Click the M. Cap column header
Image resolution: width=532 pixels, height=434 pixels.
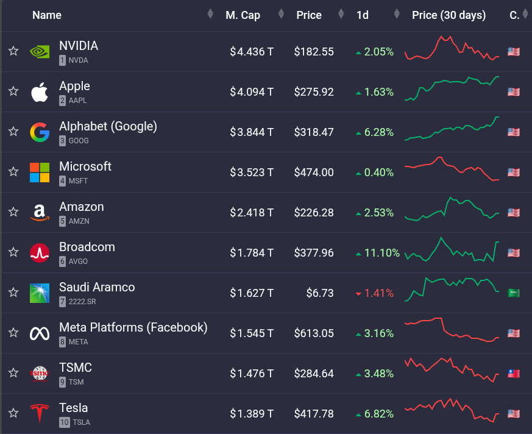(x=243, y=15)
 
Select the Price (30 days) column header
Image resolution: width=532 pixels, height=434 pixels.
(x=449, y=15)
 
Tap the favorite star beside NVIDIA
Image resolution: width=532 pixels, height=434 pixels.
(x=13, y=51)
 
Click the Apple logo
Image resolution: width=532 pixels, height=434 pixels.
(x=40, y=92)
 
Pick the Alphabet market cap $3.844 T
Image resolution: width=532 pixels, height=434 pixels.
(x=252, y=132)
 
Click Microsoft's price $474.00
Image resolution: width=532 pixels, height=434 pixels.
(x=314, y=173)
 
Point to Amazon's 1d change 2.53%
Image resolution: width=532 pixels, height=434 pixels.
(x=378, y=213)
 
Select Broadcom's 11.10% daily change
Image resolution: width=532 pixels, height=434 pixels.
(x=381, y=253)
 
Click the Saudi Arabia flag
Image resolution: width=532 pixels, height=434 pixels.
(x=513, y=293)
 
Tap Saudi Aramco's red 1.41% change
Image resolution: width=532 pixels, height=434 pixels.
(x=378, y=293)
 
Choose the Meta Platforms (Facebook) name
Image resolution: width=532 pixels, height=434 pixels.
(x=133, y=327)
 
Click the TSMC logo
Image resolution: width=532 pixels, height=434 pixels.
(x=40, y=374)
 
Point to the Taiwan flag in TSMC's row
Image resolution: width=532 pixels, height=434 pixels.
(x=513, y=374)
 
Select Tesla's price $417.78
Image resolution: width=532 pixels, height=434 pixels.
(x=314, y=414)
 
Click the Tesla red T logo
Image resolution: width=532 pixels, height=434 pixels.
(x=40, y=414)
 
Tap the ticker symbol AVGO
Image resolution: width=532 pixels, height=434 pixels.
(x=78, y=261)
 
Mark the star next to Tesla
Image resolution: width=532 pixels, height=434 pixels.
(x=13, y=413)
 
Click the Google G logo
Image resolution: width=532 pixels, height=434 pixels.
(x=40, y=132)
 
